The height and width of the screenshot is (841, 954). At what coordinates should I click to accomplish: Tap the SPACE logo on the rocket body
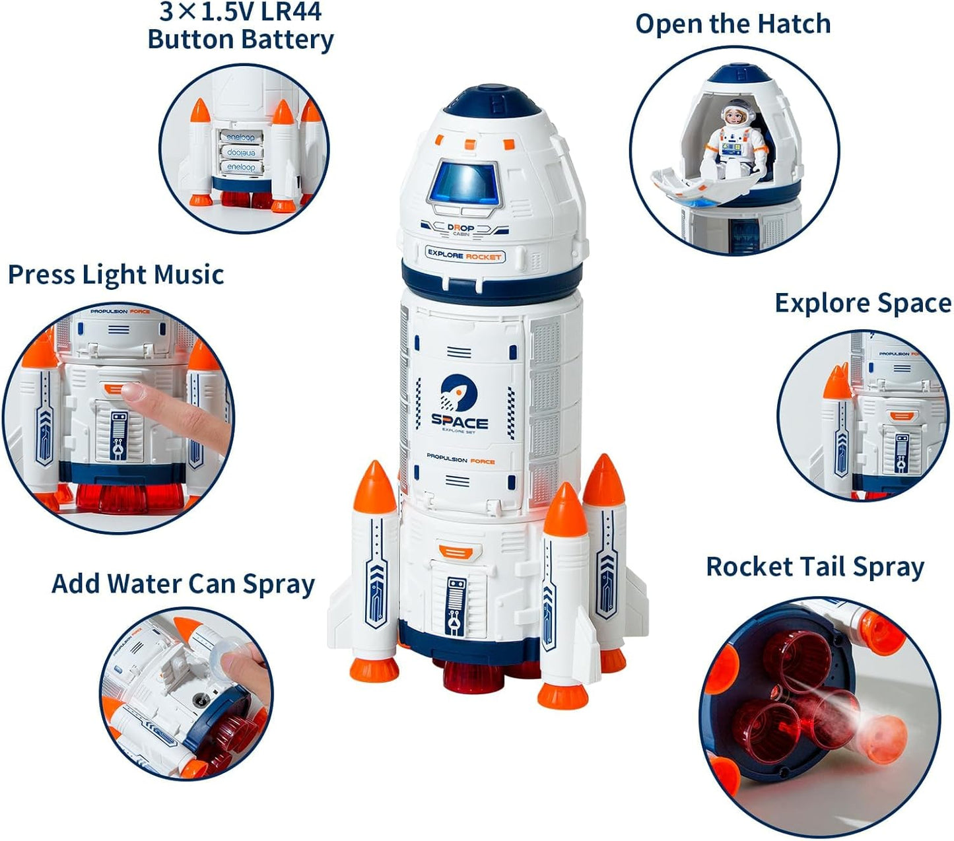pyautogui.click(x=460, y=403)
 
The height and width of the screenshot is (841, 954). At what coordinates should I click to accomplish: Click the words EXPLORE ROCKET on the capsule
pyautogui.click(x=464, y=255)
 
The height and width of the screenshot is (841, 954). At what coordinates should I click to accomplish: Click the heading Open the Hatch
pyautogui.click(x=733, y=24)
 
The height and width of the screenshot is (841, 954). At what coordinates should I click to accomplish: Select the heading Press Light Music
pyautogui.click(x=116, y=275)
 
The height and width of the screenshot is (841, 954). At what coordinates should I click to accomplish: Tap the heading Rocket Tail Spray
pyautogui.click(x=815, y=567)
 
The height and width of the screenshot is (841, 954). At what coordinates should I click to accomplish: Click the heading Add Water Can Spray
pyautogui.click(x=183, y=584)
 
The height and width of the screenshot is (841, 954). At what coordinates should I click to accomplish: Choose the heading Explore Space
pyautogui.click(x=863, y=303)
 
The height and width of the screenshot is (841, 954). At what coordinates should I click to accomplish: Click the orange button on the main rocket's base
pyautogui.click(x=452, y=551)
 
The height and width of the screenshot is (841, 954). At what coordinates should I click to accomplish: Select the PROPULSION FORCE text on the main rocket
pyautogui.click(x=460, y=460)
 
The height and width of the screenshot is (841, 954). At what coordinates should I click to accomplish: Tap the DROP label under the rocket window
pyautogui.click(x=461, y=228)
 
